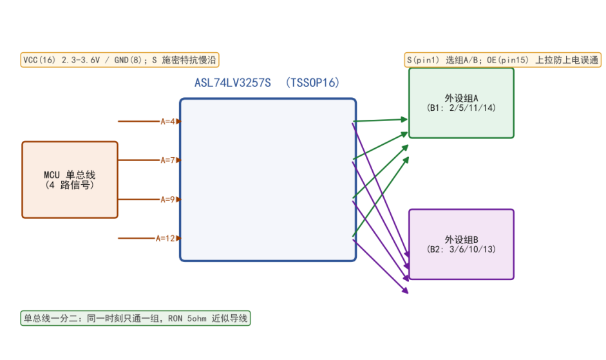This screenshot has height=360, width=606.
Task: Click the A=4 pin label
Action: tap(167, 122)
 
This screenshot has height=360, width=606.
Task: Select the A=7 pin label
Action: tap(167, 160)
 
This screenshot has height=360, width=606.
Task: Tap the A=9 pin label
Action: tap(167, 200)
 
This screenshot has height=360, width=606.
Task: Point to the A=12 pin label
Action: tap(166, 238)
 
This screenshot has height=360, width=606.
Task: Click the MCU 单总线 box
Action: tap(70, 180)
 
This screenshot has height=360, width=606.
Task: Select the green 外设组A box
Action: tap(462, 103)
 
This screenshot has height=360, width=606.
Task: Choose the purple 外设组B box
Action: tap(462, 244)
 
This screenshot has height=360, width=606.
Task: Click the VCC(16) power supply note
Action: tap(120, 60)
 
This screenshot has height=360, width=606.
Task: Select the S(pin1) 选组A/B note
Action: tap(503, 60)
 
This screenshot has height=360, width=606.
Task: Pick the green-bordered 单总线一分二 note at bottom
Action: tap(136, 318)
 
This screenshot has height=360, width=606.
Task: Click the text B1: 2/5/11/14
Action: tap(462, 108)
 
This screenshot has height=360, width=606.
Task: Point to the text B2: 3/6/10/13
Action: tap(462, 249)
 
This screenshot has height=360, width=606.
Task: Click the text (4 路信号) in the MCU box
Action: tap(70, 185)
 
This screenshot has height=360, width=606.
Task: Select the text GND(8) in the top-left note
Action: tap(128, 60)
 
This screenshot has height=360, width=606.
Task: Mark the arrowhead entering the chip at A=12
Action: tap(178, 238)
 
